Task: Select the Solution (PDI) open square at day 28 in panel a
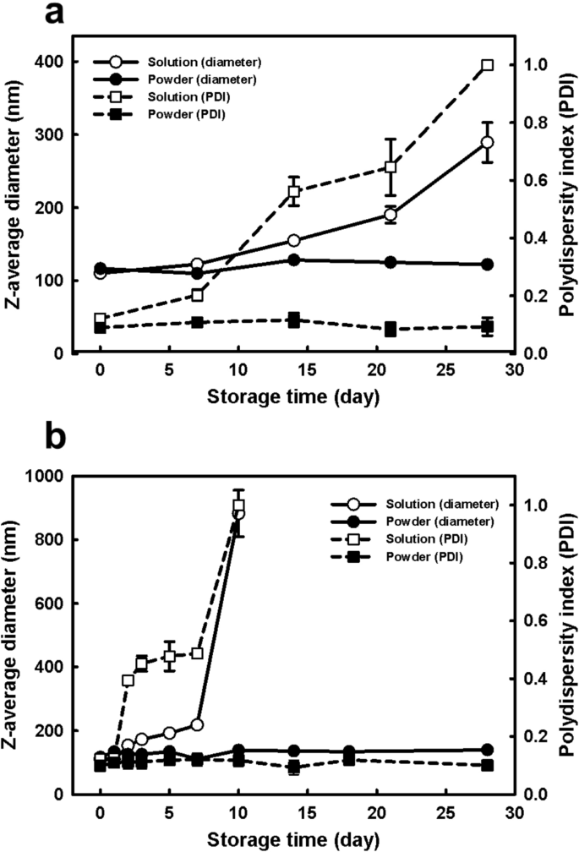click(487, 65)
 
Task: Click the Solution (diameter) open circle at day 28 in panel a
click(487, 143)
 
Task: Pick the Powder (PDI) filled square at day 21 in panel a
click(391, 329)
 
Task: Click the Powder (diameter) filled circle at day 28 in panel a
click(487, 265)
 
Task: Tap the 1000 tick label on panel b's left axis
click(57, 476)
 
